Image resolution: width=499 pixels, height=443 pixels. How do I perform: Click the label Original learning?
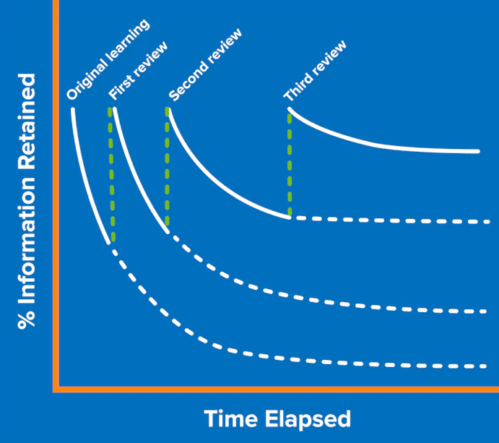coord(108,59)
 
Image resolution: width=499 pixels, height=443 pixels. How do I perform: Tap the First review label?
coord(138,71)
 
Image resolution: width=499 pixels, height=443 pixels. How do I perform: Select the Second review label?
coord(205,65)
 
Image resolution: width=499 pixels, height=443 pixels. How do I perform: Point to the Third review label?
coord(315,71)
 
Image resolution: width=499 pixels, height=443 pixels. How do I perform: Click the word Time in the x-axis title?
coord(230,418)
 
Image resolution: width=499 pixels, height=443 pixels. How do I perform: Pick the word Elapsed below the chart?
coord(308,420)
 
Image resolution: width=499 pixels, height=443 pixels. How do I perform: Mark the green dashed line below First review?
coord(111,174)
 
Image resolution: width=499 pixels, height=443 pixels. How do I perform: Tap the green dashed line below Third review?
coord(290,164)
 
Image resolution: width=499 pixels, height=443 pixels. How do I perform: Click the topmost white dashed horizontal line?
coord(392,220)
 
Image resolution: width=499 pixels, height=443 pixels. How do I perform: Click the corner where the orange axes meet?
coord(56,390)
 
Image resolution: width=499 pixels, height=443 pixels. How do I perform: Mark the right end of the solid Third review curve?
coord(478,152)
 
